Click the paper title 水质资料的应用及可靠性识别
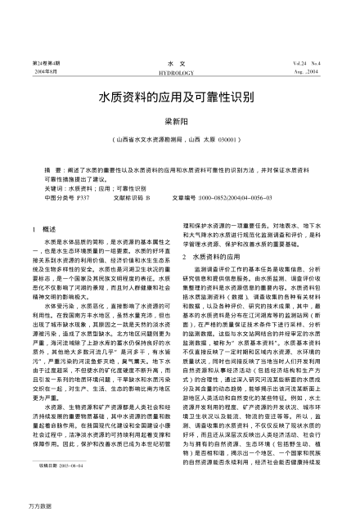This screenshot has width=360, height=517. [x=179, y=97]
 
